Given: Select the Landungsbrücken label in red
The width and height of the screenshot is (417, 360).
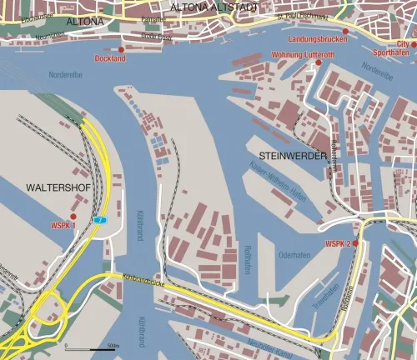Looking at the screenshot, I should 317,39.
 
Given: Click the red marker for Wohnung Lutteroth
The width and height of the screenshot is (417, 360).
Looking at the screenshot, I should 317,62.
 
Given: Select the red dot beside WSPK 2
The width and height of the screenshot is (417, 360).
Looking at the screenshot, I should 355,242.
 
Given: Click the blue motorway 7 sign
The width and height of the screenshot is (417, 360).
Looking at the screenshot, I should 101,219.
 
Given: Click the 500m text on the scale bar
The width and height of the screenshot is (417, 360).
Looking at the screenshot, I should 113,343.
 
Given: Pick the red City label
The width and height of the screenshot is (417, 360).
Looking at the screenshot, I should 403,43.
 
